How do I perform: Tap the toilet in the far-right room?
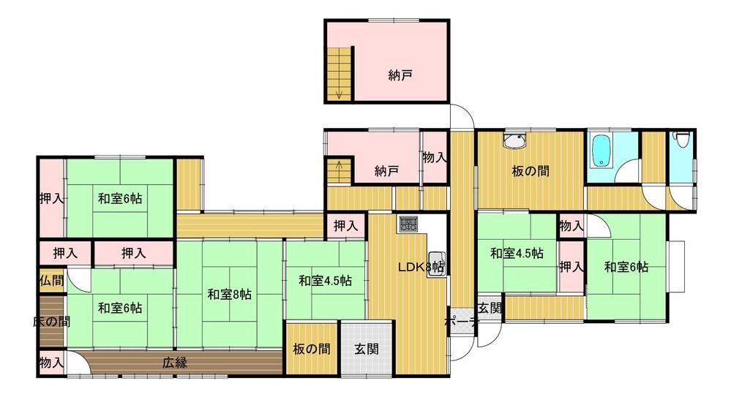click(x=682, y=140)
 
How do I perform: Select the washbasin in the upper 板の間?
click(x=514, y=140)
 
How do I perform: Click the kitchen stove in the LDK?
click(x=408, y=224)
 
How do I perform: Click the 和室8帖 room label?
click(x=229, y=295)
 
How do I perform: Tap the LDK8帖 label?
click(x=421, y=268)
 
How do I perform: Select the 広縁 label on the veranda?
click(x=176, y=363)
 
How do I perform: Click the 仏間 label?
click(x=51, y=281)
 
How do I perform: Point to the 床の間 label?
click(x=51, y=322)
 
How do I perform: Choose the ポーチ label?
click(x=462, y=322)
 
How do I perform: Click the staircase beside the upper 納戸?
click(x=339, y=74)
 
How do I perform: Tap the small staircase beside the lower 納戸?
click(x=340, y=172)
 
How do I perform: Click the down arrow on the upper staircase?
click(x=339, y=94)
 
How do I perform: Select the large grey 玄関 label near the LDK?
click(x=367, y=349)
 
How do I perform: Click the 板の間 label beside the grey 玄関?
click(x=312, y=349)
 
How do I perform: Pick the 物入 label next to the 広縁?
click(x=51, y=363)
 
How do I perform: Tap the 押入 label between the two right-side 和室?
click(x=571, y=267)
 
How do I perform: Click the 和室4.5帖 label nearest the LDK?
click(x=325, y=281)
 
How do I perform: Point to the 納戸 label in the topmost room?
click(x=400, y=75)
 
